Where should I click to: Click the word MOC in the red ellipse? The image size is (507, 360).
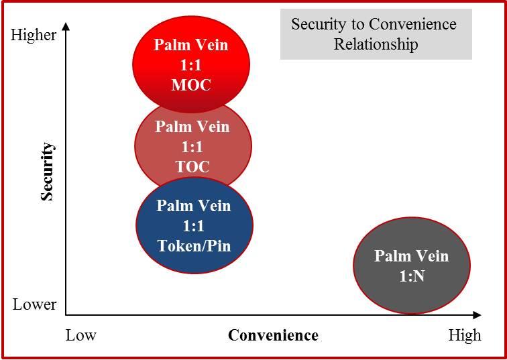[x=191, y=85]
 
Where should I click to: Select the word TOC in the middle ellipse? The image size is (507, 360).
[x=192, y=167]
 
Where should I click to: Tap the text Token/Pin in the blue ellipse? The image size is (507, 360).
[x=194, y=245]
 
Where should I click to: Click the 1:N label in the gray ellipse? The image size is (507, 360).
[x=410, y=276]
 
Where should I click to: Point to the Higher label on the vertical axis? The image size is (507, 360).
[x=34, y=35]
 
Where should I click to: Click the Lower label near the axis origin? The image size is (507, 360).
[x=35, y=304]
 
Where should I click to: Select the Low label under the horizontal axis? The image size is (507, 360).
[x=81, y=335]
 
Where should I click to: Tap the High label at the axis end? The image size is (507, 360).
[x=465, y=335]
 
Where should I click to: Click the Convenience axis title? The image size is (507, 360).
[x=273, y=335]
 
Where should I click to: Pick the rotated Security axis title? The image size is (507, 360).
[x=48, y=171]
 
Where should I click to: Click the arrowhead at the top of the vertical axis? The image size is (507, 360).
[x=66, y=26]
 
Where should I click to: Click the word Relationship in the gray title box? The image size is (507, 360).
[x=376, y=45]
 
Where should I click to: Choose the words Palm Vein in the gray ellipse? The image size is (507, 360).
[x=411, y=256]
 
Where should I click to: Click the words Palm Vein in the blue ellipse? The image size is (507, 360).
[x=193, y=205]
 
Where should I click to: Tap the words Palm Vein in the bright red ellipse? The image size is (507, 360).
[x=191, y=45]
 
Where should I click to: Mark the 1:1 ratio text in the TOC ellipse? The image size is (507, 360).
[x=193, y=147]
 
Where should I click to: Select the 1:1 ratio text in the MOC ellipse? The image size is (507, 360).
[x=191, y=65]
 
